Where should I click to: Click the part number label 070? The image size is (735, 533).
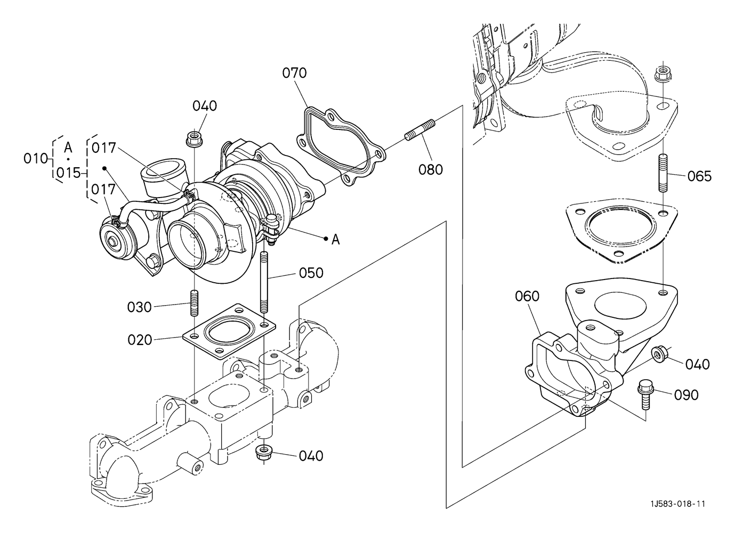point(294,73)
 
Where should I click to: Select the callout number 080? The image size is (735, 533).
point(431,170)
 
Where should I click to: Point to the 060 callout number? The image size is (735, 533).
point(527,297)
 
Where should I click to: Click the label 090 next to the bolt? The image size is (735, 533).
point(686,395)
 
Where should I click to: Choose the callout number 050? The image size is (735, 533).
point(311,273)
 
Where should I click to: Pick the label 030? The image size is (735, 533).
point(139,307)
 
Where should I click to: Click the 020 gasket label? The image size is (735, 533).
point(140,340)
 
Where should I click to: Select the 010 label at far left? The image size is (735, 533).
point(35,159)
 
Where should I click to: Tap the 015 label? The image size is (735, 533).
point(68,173)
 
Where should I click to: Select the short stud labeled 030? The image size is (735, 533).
point(195,303)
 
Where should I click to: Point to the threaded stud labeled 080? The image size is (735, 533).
point(420,130)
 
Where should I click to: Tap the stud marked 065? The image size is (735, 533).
point(663,173)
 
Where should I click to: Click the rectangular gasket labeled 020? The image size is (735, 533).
point(229,331)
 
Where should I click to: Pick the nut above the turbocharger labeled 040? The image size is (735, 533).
point(195,138)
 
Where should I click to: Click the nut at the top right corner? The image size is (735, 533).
point(663,75)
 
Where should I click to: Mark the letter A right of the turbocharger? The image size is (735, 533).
point(335,240)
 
